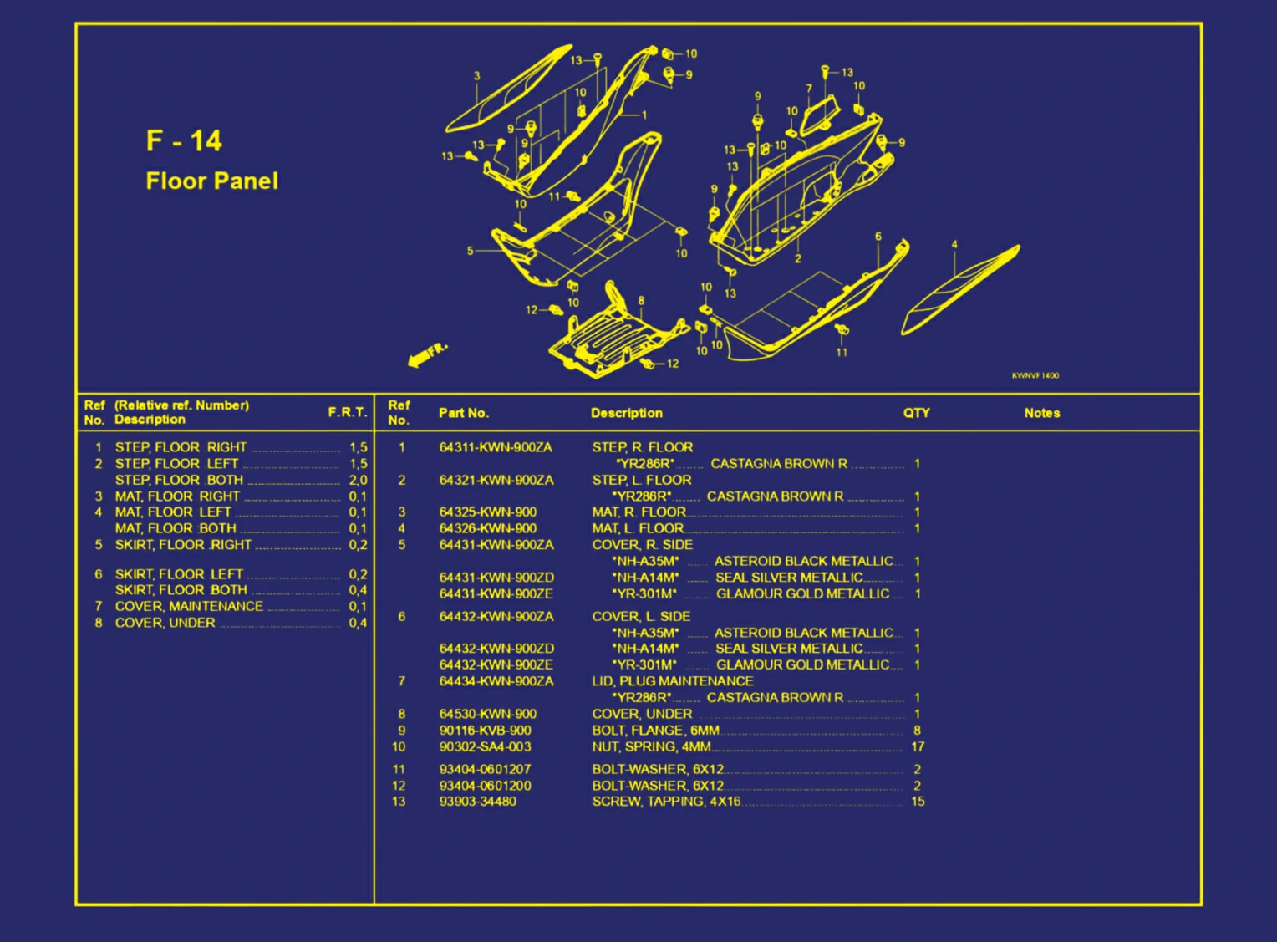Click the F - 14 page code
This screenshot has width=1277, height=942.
(x=184, y=141)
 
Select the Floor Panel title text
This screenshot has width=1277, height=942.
(x=212, y=181)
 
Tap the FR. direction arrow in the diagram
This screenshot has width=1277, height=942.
(x=428, y=355)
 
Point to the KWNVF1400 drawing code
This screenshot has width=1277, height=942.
(x=1035, y=376)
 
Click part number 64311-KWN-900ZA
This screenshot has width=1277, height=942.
(x=496, y=448)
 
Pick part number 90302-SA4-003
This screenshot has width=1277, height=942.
(x=486, y=747)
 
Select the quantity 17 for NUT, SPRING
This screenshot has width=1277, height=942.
(x=918, y=747)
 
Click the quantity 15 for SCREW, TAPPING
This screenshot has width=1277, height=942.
(x=918, y=802)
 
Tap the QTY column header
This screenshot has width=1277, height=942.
(x=916, y=413)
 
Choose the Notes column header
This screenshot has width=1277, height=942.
(x=1042, y=413)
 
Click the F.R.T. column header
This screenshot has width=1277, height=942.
(x=348, y=412)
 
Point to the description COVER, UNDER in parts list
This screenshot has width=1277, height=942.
(x=642, y=714)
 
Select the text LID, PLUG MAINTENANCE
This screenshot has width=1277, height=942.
(x=673, y=681)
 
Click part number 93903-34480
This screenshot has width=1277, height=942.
(x=478, y=802)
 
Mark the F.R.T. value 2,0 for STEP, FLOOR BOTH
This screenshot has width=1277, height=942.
(x=358, y=480)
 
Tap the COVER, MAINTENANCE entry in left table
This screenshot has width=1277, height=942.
(x=189, y=607)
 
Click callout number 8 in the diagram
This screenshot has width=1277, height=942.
(x=641, y=301)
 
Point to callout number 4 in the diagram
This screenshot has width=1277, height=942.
(x=954, y=245)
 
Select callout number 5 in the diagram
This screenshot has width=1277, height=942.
(x=470, y=251)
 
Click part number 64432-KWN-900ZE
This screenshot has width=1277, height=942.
(x=496, y=665)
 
